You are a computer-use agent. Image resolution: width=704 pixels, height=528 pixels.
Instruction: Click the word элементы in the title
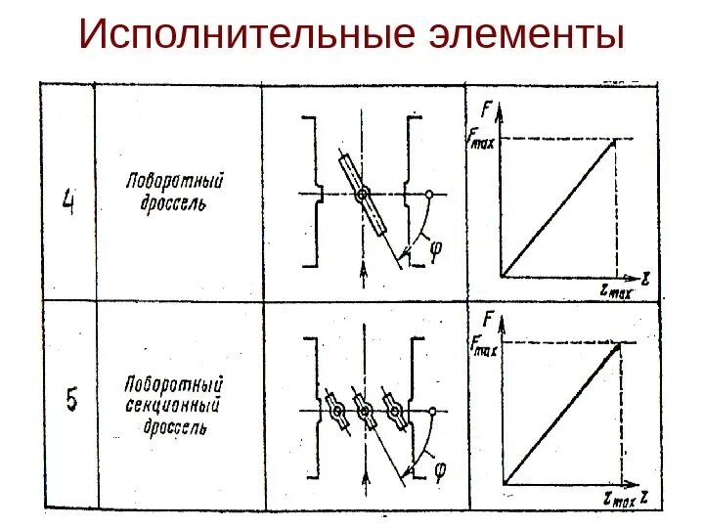[525, 35]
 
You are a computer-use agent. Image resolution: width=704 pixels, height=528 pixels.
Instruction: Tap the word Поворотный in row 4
[175, 182]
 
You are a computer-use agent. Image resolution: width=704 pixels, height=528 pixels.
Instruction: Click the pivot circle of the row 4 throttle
[363, 196]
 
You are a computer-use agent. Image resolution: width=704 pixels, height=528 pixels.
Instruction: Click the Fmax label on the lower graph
[484, 343]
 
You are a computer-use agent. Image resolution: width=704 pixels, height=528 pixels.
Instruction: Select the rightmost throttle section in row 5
[396, 413]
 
